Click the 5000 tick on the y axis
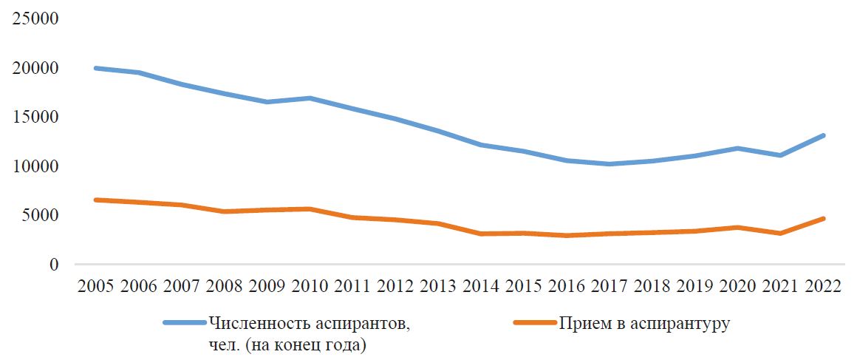click(x=40, y=215)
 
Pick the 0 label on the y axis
click(x=54, y=264)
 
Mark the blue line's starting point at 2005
click(x=96, y=69)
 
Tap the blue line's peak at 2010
click(x=310, y=98)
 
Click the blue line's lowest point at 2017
click(x=610, y=163)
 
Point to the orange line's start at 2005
click(x=96, y=200)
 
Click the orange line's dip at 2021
click(x=780, y=234)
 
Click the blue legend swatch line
click(x=185, y=323)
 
